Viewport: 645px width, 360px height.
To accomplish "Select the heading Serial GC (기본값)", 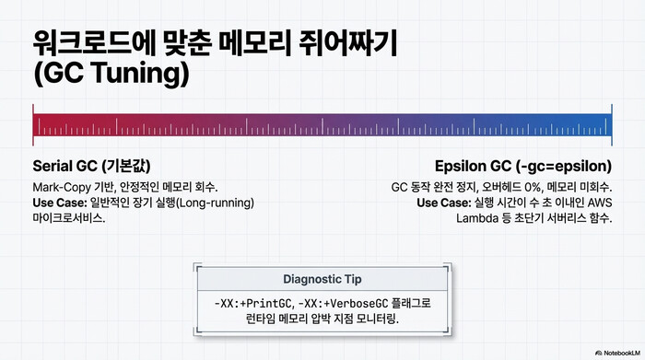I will pyautogui.click(x=91, y=167).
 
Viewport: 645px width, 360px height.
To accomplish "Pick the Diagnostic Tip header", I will pyautogui.click(x=322, y=279).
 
